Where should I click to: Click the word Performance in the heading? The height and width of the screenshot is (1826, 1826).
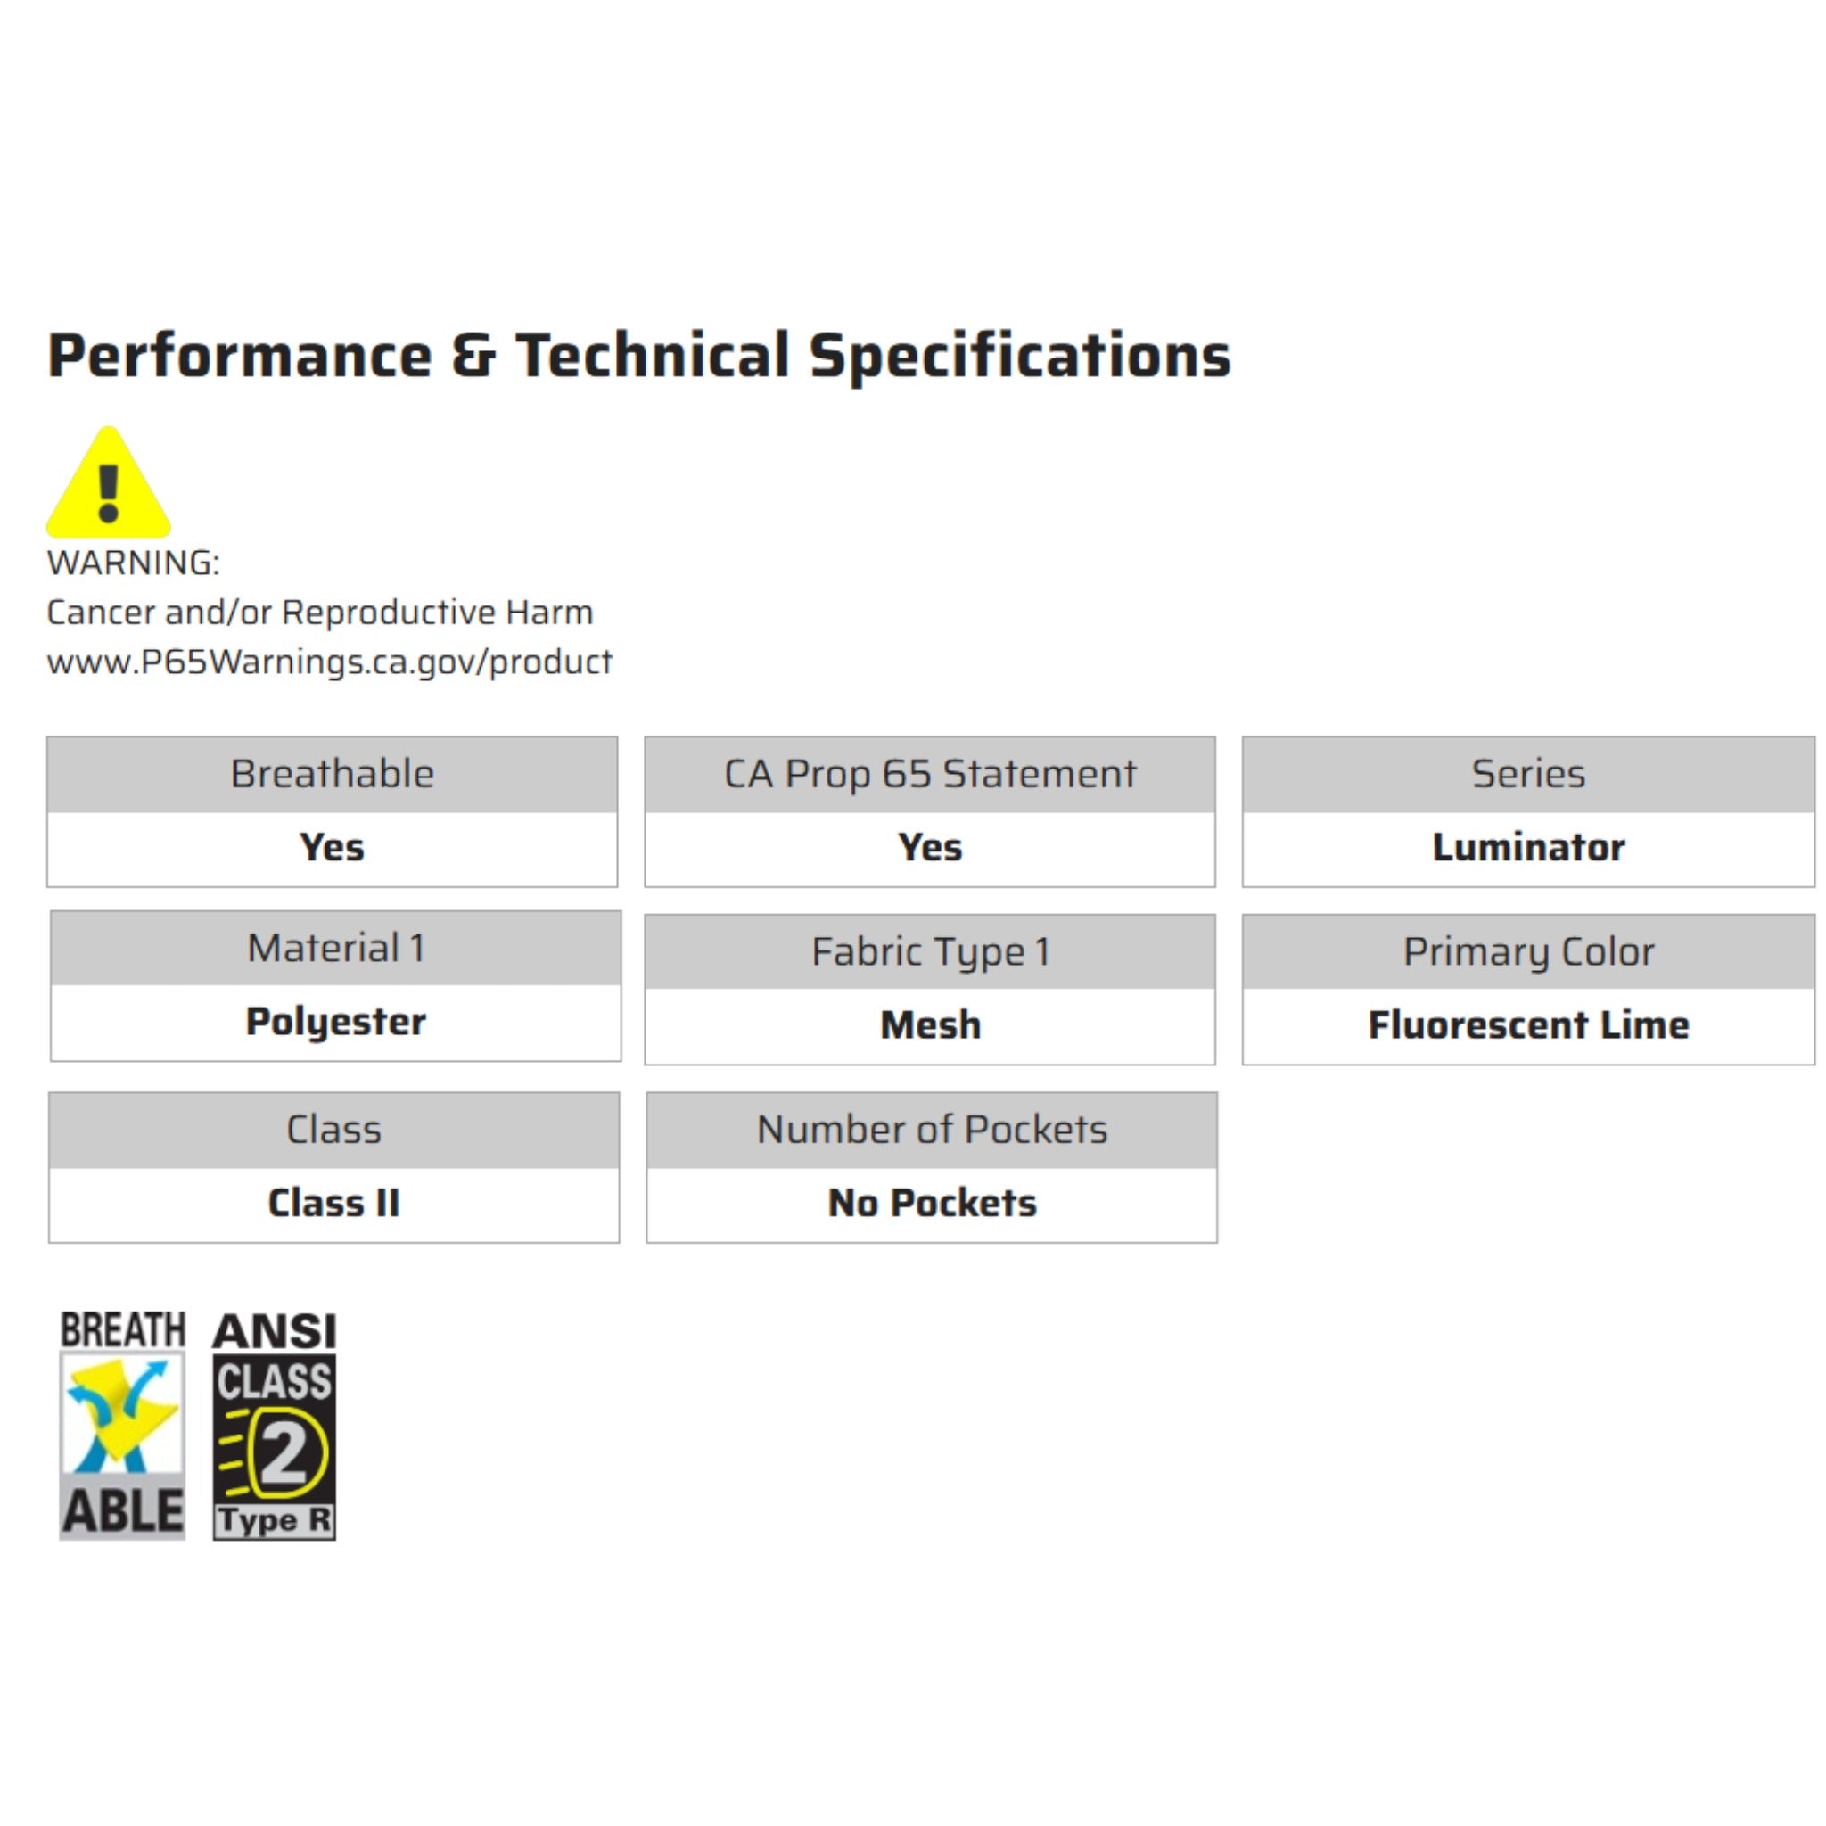(240, 357)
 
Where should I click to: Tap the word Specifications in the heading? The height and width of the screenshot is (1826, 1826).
(1020, 357)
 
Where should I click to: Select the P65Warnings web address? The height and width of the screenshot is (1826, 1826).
(329, 662)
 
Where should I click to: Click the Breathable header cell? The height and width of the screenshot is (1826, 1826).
(332, 774)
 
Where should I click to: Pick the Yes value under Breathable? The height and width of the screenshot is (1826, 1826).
(332, 848)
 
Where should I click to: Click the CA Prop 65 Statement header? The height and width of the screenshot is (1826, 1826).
(929, 774)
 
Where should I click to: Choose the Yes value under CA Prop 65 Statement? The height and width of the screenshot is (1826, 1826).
(929, 848)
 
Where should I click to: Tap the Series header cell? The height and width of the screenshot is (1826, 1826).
(1527, 774)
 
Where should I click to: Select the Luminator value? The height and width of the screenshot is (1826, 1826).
(1527, 848)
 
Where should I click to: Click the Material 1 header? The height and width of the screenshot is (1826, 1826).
(335, 948)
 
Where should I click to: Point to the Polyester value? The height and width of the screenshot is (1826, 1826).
(335, 1022)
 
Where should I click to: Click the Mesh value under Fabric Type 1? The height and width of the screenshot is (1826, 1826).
(929, 1025)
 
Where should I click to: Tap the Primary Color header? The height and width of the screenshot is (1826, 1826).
(1527, 951)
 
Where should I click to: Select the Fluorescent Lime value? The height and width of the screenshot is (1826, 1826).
(1527, 1025)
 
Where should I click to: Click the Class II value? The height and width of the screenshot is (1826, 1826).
(333, 1203)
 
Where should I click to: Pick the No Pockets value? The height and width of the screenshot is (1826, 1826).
(931, 1203)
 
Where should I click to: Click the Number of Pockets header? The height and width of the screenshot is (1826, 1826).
(931, 1130)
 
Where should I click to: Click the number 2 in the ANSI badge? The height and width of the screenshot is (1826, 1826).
(284, 1452)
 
